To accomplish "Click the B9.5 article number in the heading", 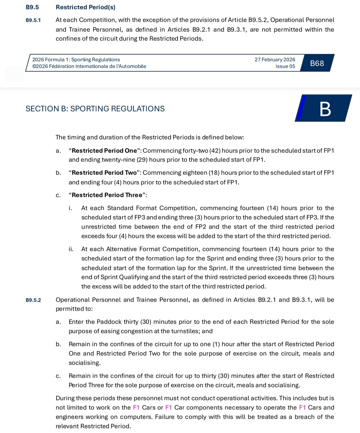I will pyautogui.click(x=32, y=7).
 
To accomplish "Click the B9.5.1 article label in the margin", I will pyautogui.click(x=33, y=20).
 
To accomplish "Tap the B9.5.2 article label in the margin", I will pyautogui.click(x=33, y=300).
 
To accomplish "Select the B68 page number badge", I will pyautogui.click(x=317, y=63).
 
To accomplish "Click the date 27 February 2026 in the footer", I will pyautogui.click(x=275, y=60).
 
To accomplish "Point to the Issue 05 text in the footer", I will pyautogui.click(x=285, y=66).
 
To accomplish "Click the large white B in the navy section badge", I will pyautogui.click(x=325, y=109).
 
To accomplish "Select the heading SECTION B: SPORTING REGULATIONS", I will pyautogui.click(x=95, y=109).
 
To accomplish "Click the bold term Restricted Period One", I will pyautogui.click(x=104, y=151).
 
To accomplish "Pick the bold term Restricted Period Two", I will pyautogui.click(x=104, y=173).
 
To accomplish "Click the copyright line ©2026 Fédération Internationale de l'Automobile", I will pyautogui.click(x=89, y=66).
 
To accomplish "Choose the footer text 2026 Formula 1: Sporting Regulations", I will pyautogui.click(x=76, y=60).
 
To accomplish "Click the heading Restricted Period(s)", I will pyautogui.click(x=85, y=7).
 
